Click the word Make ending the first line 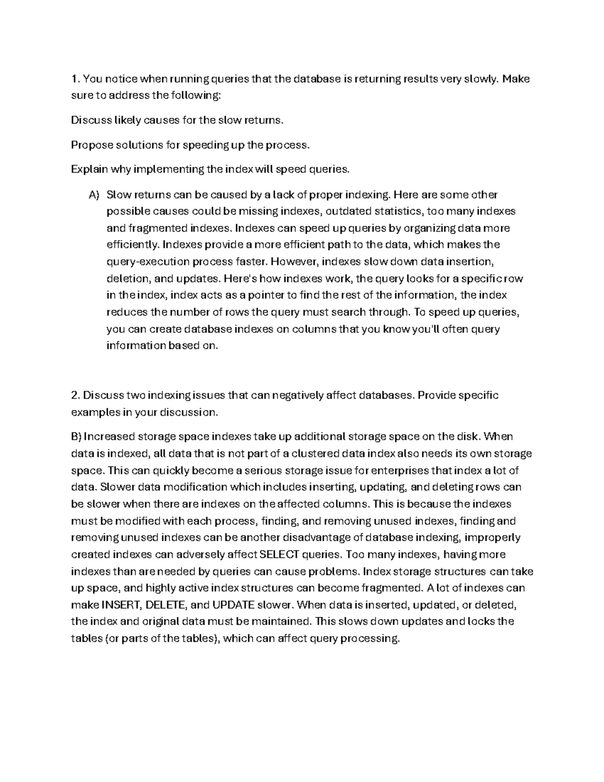click(x=516, y=79)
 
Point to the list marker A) click(x=94, y=195)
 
